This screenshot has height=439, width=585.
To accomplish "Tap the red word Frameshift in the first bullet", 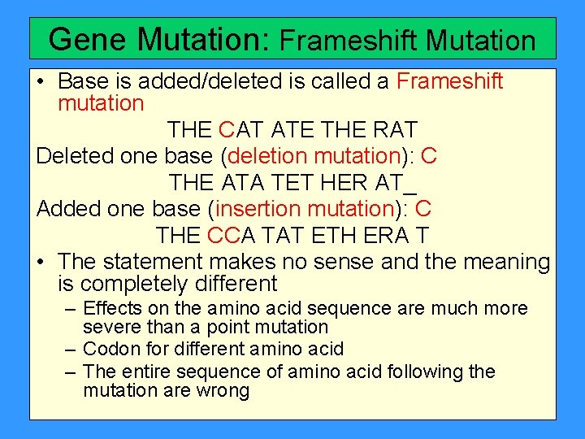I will [x=449, y=81].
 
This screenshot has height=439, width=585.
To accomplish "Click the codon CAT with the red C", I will [x=241, y=129].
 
